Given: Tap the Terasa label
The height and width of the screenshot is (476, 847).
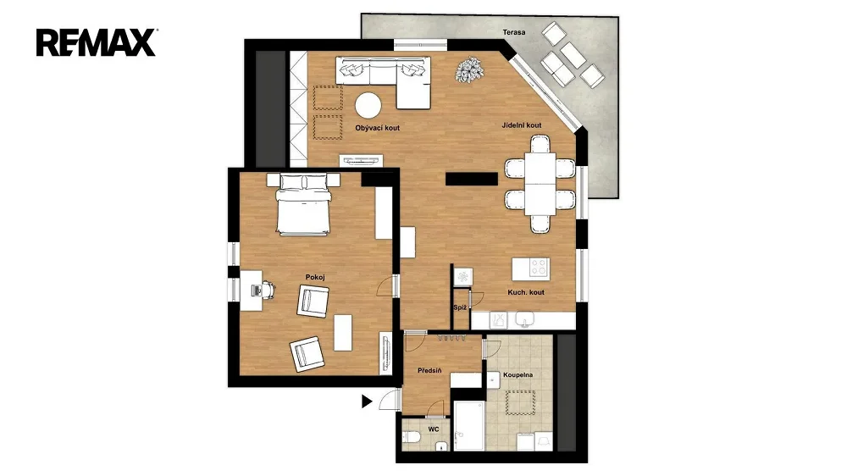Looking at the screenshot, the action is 514,32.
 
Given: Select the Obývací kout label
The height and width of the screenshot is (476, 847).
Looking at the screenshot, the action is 378,128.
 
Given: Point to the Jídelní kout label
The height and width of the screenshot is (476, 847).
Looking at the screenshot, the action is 521,125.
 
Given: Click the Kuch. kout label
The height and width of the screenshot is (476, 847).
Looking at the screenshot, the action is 526,292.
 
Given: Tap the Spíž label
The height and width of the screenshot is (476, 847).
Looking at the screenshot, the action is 460,308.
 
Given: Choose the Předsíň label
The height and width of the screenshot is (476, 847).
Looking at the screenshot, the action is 429,371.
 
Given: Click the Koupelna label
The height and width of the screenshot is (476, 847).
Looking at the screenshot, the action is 518,374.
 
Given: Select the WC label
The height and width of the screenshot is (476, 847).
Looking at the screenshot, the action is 433,429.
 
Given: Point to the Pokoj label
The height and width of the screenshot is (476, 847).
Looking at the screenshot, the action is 315,277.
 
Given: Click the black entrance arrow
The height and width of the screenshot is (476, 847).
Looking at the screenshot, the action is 367,401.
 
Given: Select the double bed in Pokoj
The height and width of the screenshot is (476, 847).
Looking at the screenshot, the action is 303,205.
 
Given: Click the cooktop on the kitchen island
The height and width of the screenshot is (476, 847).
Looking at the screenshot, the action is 539,268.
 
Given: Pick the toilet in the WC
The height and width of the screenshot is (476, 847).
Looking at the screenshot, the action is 413,436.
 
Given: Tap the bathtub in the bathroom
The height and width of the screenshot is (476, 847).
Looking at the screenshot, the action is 469,426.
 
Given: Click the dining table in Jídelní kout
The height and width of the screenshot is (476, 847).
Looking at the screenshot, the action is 540,184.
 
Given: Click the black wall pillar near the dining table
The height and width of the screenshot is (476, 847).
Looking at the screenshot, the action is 472,179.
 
